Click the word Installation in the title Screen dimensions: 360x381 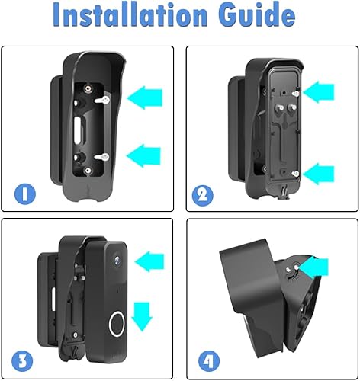click(x=130, y=15)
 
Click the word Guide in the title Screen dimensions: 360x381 click(x=256, y=15)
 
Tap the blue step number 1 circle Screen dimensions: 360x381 click(x=25, y=194)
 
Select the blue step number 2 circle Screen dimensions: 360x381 click(x=202, y=196)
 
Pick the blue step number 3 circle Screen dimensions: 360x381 click(x=22, y=361)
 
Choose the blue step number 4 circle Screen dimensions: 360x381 click(x=209, y=361)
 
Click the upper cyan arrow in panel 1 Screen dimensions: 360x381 click(x=144, y=98)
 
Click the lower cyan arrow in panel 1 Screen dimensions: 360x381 click(x=143, y=155)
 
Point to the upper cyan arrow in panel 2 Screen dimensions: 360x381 click(x=318, y=91)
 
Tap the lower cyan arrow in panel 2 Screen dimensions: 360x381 click(x=318, y=174)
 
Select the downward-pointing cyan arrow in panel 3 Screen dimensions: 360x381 click(x=142, y=317)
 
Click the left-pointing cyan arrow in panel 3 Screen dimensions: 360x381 click(x=149, y=261)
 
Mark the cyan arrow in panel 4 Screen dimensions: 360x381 click(x=314, y=267)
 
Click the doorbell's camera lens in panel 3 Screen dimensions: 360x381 click(x=117, y=261)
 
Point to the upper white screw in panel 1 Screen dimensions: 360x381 click(x=102, y=100)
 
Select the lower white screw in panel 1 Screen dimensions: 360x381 click(x=102, y=157)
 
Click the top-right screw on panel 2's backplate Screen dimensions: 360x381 click(x=296, y=94)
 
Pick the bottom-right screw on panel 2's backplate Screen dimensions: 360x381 click(x=295, y=174)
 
